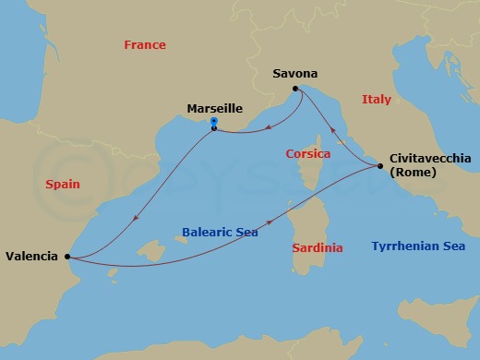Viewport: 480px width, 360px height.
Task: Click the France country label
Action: pos(145,45)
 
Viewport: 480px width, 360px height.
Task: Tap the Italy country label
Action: pos(376,99)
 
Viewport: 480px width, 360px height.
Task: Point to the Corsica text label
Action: pos(308,153)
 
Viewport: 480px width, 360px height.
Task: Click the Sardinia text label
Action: pos(317,247)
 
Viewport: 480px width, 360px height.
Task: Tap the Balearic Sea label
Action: pos(220,233)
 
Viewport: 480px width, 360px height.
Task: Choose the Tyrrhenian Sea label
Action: pos(417,246)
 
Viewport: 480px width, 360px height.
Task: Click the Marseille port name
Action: pos(214,108)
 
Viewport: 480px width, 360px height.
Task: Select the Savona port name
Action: pos(296,72)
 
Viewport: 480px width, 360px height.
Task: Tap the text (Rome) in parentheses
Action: pos(414,172)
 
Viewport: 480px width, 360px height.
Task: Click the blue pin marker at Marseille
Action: pos(214,122)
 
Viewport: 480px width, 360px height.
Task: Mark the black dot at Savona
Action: pos(297,89)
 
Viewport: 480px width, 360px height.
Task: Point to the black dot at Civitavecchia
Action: pos(380,166)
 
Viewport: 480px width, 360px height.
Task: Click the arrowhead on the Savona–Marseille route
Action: pos(266,128)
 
